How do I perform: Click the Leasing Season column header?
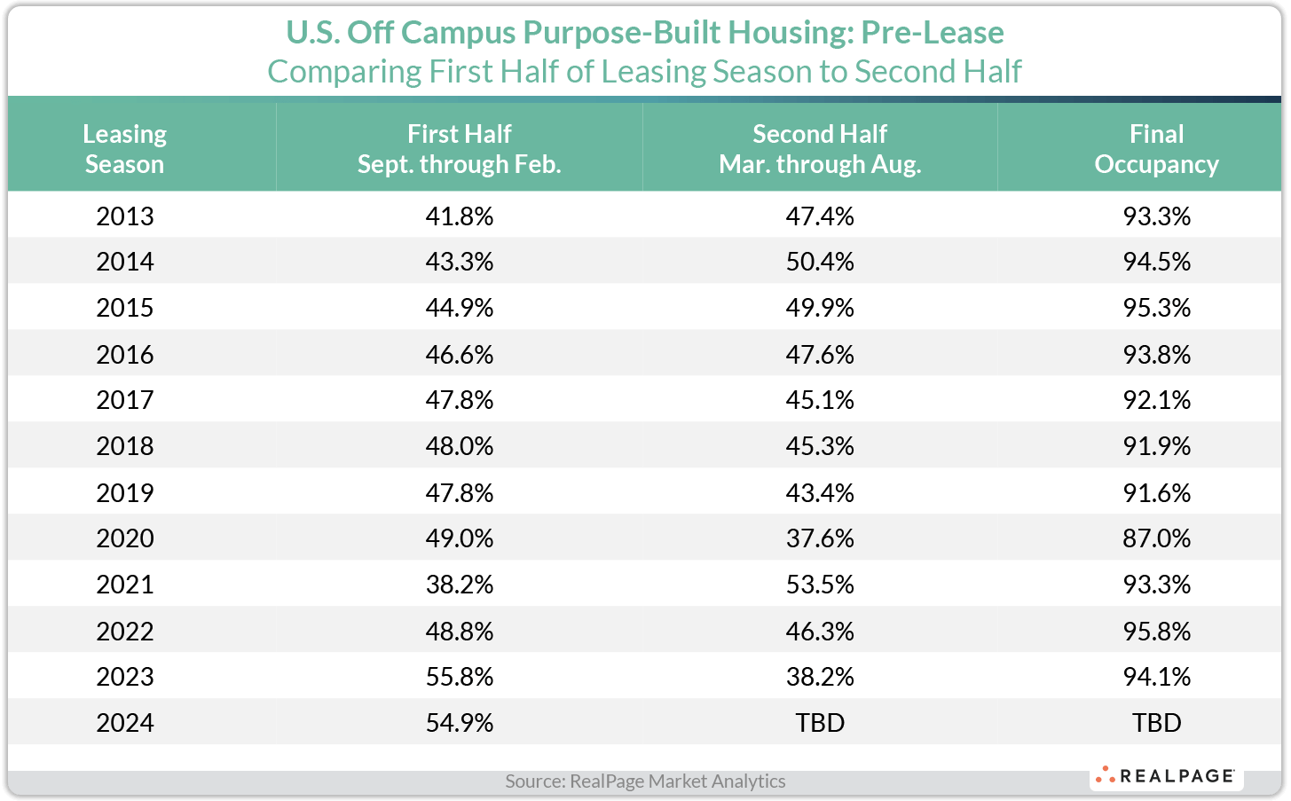(124, 148)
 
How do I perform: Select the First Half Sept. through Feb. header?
(459, 148)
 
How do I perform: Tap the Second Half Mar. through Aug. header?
(819, 148)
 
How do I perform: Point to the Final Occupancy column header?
(1156, 148)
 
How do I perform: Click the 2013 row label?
(124, 216)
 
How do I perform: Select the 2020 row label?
(124, 538)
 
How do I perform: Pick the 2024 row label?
(124, 723)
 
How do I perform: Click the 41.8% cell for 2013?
(459, 216)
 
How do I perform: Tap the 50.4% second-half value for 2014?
(819, 262)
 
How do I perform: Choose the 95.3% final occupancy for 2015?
(1156, 308)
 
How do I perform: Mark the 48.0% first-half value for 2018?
(459, 446)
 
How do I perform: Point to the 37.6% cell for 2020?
(819, 538)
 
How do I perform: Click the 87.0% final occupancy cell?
(1156, 538)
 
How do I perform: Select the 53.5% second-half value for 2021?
(819, 585)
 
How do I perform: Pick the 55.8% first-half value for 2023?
(459, 677)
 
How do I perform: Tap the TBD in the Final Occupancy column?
(1156, 723)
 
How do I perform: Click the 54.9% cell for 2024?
(459, 723)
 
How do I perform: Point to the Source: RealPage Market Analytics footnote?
(645, 781)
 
